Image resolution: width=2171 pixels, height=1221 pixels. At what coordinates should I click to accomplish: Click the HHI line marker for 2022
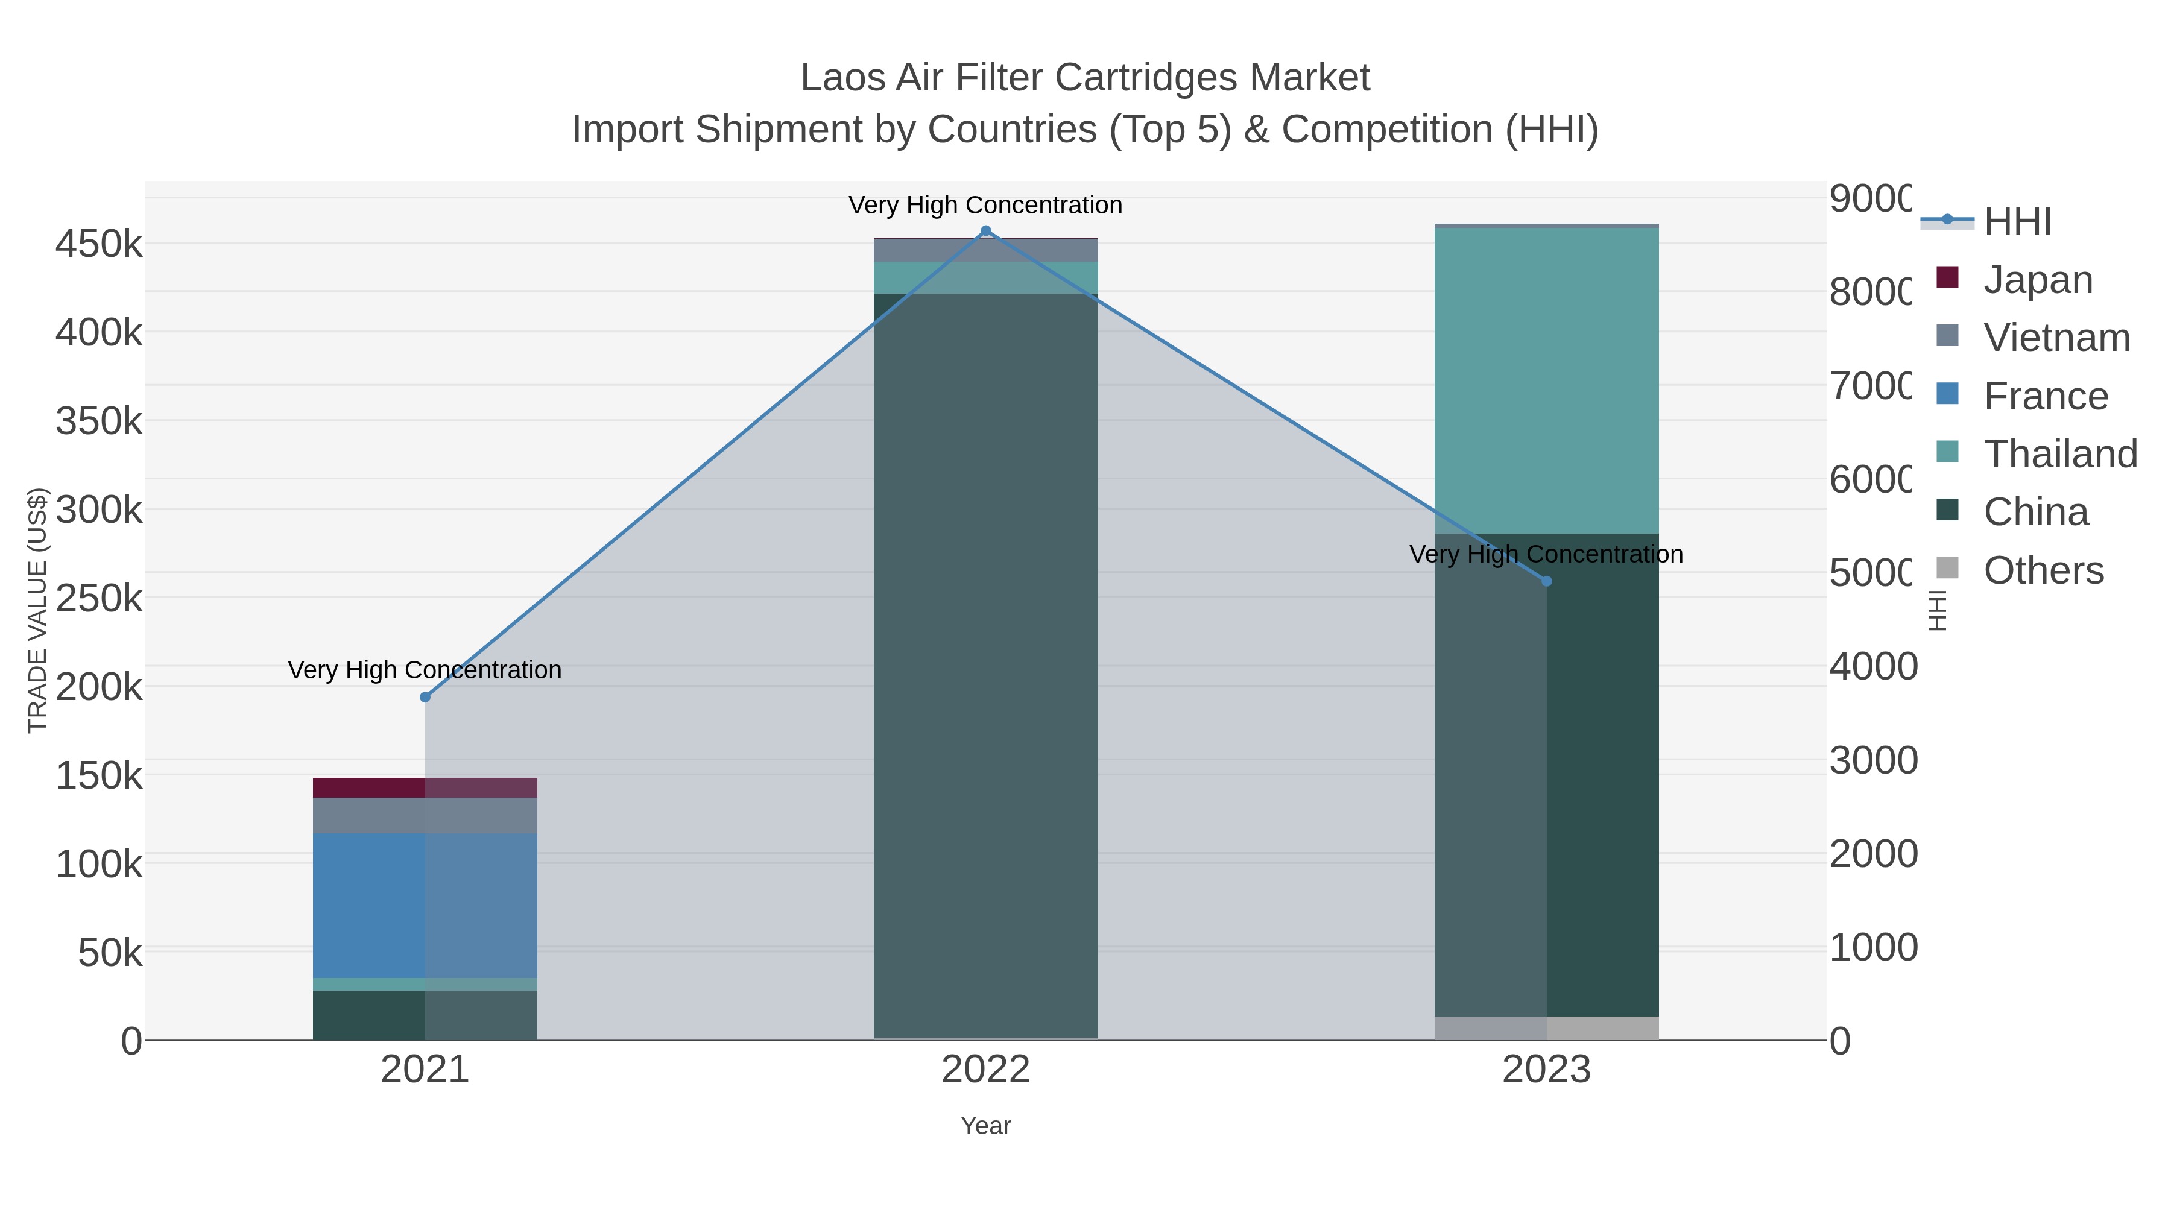[985, 231]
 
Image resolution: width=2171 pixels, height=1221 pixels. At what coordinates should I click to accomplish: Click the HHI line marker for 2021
[425, 698]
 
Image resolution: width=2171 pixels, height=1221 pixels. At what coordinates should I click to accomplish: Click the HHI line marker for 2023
[1546, 581]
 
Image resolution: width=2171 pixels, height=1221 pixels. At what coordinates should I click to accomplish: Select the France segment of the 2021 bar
[425, 905]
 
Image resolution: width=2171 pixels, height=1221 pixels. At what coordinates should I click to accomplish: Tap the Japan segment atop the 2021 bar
[425, 788]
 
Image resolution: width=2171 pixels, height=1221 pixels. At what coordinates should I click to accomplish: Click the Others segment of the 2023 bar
[1546, 1028]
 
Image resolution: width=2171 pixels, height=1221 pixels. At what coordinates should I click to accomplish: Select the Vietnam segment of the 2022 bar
[985, 250]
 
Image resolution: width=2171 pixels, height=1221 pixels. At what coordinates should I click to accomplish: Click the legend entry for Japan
[2038, 280]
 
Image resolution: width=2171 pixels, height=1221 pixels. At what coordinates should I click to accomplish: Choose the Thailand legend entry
[2060, 454]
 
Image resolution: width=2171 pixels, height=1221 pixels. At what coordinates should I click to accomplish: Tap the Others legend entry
[2043, 570]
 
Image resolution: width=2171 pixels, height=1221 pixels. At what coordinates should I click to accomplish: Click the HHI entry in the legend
[2017, 222]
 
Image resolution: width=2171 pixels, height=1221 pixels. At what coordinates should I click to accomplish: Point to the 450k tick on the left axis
[99, 244]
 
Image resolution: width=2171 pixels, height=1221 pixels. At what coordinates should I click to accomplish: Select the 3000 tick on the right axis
[1872, 760]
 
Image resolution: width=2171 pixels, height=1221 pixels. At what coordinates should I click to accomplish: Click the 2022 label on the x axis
[985, 1070]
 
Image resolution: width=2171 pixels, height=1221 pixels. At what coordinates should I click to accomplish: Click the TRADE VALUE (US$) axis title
[38, 610]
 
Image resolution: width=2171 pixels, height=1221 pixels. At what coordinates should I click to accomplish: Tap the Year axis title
[985, 1126]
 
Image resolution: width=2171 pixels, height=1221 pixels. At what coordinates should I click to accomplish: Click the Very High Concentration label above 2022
[985, 205]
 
